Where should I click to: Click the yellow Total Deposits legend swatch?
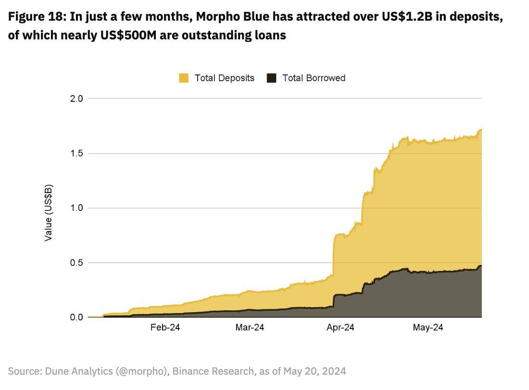(x=184, y=78)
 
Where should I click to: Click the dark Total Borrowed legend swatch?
(x=272, y=78)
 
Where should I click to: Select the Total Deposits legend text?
(x=224, y=78)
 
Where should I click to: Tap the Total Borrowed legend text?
(x=314, y=78)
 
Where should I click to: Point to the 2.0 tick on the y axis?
(x=77, y=98)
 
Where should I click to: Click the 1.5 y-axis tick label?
(x=77, y=153)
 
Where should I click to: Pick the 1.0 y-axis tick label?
(x=77, y=208)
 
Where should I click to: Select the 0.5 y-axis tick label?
(x=77, y=263)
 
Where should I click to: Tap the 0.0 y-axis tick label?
(x=77, y=317)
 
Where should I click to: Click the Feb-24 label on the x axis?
(x=165, y=328)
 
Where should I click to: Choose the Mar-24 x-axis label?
(x=249, y=328)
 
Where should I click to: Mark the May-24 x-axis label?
(x=428, y=328)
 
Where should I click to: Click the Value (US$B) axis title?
(x=48, y=213)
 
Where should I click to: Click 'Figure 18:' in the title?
(x=37, y=17)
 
